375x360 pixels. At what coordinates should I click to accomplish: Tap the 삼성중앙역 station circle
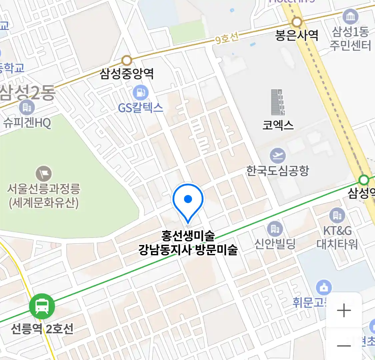pos(127,61)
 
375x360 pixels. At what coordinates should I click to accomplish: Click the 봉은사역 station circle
pos(297,22)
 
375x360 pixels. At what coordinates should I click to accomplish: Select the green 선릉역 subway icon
pos(42,306)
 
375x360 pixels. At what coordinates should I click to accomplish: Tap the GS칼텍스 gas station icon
pos(141,92)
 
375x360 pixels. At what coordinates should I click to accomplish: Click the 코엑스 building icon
pos(278,102)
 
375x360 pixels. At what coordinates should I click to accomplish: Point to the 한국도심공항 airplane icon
pos(278,155)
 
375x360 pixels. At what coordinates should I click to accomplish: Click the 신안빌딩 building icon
pos(275,229)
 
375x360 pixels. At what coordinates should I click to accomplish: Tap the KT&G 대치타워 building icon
pos(337,215)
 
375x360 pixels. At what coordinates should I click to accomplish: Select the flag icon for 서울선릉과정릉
pos(44,174)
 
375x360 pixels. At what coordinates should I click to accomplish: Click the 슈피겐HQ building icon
pos(27,107)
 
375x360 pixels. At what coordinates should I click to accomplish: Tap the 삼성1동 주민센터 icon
pos(350,17)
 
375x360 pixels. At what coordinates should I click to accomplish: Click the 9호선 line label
pos(227,38)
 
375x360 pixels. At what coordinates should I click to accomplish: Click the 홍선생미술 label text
pos(188,236)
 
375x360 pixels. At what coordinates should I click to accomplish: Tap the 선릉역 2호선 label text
pos(42,329)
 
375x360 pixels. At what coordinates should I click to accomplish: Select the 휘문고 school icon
pos(323,287)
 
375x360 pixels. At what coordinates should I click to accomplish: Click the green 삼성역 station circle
pos(364,180)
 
